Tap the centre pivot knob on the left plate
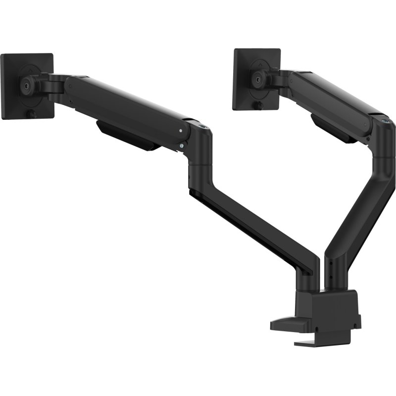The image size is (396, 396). (24, 84)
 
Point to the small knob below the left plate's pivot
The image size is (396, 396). (30, 115)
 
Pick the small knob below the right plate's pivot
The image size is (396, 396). (258, 106)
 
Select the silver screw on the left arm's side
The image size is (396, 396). (182, 131)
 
